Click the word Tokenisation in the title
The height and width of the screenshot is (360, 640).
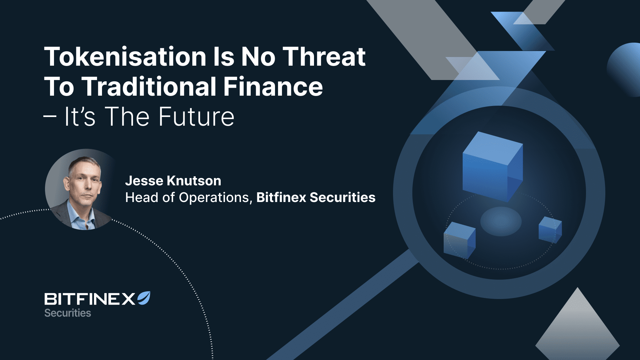(x=125, y=56)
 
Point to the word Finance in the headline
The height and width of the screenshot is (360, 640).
(x=273, y=86)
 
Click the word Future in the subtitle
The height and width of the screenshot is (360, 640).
(x=196, y=117)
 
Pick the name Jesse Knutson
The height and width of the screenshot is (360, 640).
(x=173, y=181)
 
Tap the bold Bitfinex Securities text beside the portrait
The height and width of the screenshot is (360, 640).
(x=316, y=197)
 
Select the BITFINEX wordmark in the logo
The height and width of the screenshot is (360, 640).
(x=90, y=299)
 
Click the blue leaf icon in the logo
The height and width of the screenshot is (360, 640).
(x=144, y=298)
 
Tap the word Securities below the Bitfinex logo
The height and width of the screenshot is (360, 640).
(x=68, y=313)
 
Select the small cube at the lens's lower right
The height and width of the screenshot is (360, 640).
(x=550, y=230)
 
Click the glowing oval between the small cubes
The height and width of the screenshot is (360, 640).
(x=501, y=221)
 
